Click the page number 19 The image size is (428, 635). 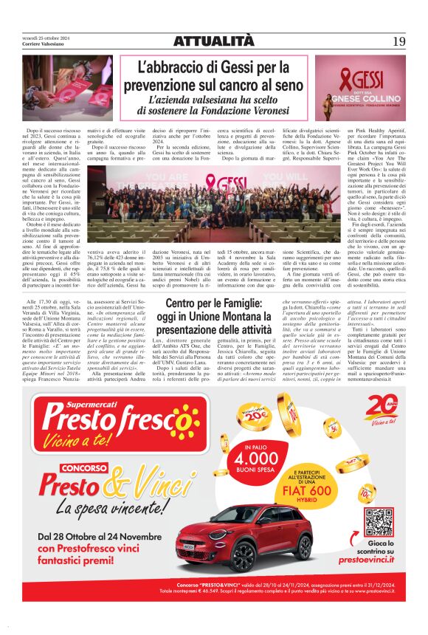click(x=398, y=41)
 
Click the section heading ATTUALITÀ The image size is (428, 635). click(x=213, y=41)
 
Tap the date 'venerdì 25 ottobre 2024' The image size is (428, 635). click(x=46, y=36)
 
